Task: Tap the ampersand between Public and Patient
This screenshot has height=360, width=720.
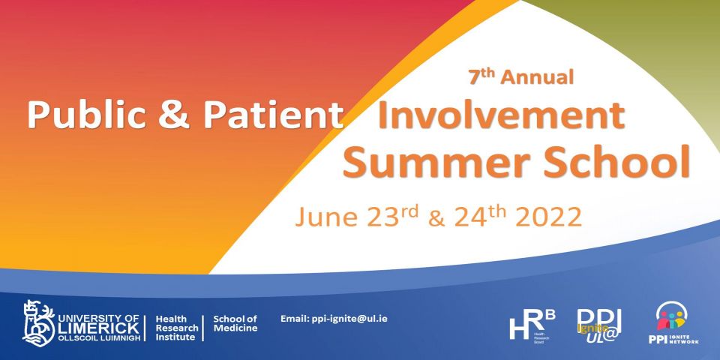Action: [180, 115]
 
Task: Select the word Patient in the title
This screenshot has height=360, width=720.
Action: [268, 115]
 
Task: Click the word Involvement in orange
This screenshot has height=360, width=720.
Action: [501, 115]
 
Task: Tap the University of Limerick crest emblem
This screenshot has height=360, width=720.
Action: [37, 322]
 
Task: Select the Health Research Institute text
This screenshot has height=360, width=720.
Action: [176, 328]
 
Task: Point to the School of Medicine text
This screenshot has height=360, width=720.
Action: [235, 323]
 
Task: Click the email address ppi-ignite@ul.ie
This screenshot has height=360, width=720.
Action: [334, 319]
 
